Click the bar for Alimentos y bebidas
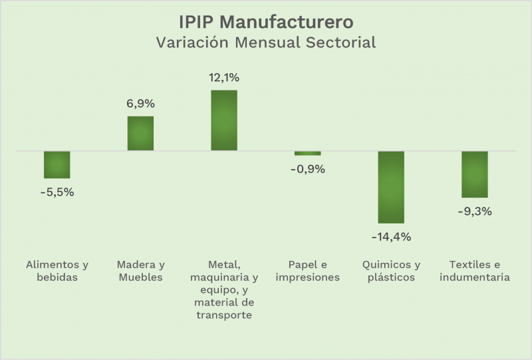click(57, 164)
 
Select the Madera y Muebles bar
click(140, 133)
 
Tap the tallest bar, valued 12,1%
click(224, 120)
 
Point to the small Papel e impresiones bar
click(307, 153)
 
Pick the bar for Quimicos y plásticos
click(391, 187)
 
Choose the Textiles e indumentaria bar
click(475, 174)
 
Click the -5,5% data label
click(57, 192)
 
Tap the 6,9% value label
click(140, 103)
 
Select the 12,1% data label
click(224, 77)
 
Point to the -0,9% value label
click(307, 169)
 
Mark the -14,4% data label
click(391, 236)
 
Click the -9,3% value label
click(475, 212)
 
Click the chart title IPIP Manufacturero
click(266, 22)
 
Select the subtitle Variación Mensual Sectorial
click(266, 43)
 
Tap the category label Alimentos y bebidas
click(57, 270)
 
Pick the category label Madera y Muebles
click(140, 270)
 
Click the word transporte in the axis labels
click(224, 315)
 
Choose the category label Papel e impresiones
click(307, 270)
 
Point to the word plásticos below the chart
click(391, 277)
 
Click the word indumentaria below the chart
click(475, 277)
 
